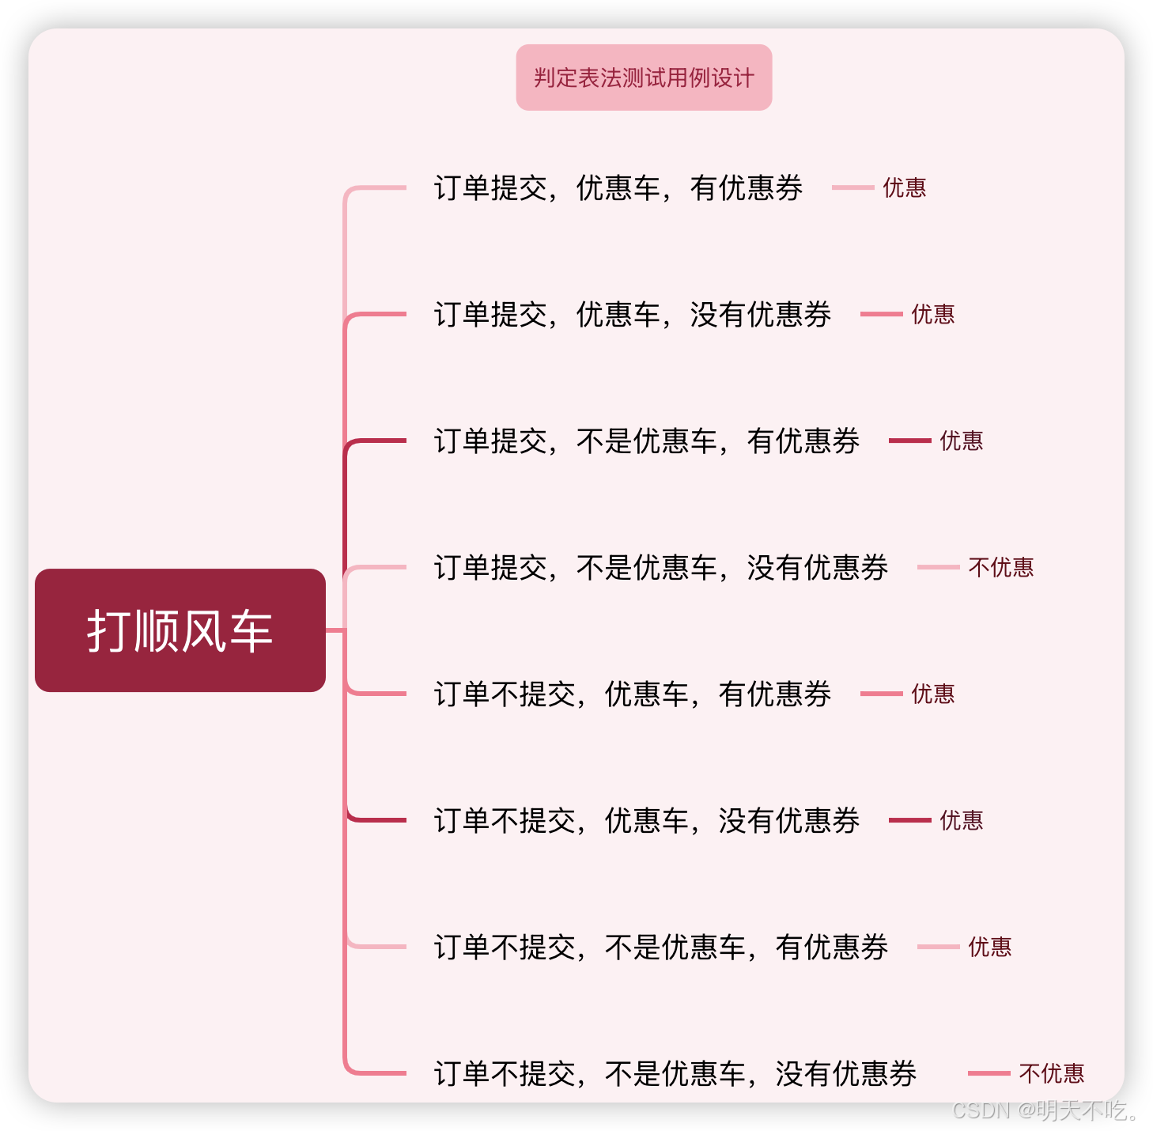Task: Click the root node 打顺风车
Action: click(x=180, y=630)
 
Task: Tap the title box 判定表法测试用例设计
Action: click(x=644, y=78)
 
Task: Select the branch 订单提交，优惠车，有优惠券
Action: click(x=618, y=188)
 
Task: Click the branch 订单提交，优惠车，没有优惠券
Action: click(x=633, y=315)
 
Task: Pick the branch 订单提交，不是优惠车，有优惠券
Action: click(x=647, y=441)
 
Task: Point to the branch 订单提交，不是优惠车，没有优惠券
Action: click(x=661, y=568)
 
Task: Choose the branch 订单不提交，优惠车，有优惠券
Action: click(x=633, y=694)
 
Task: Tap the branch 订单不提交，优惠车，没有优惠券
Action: click(x=647, y=821)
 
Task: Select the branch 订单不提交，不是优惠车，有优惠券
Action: click(x=661, y=948)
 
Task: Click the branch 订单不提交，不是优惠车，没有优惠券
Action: click(x=675, y=1074)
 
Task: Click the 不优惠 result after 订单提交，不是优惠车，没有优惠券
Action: click(x=1000, y=568)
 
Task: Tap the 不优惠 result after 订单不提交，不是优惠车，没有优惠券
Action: click(x=1051, y=1074)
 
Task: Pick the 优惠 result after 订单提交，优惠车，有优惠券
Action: click(x=904, y=188)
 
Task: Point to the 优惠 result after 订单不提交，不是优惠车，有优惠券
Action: click(x=989, y=948)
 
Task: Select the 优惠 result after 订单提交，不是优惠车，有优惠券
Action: click(x=961, y=441)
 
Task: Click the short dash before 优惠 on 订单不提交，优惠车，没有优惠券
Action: click(x=909, y=820)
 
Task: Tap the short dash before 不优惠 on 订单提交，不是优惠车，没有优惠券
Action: click(x=938, y=567)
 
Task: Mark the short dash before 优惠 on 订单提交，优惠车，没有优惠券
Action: click(x=881, y=314)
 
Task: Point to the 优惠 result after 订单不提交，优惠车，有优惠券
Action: click(x=932, y=694)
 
